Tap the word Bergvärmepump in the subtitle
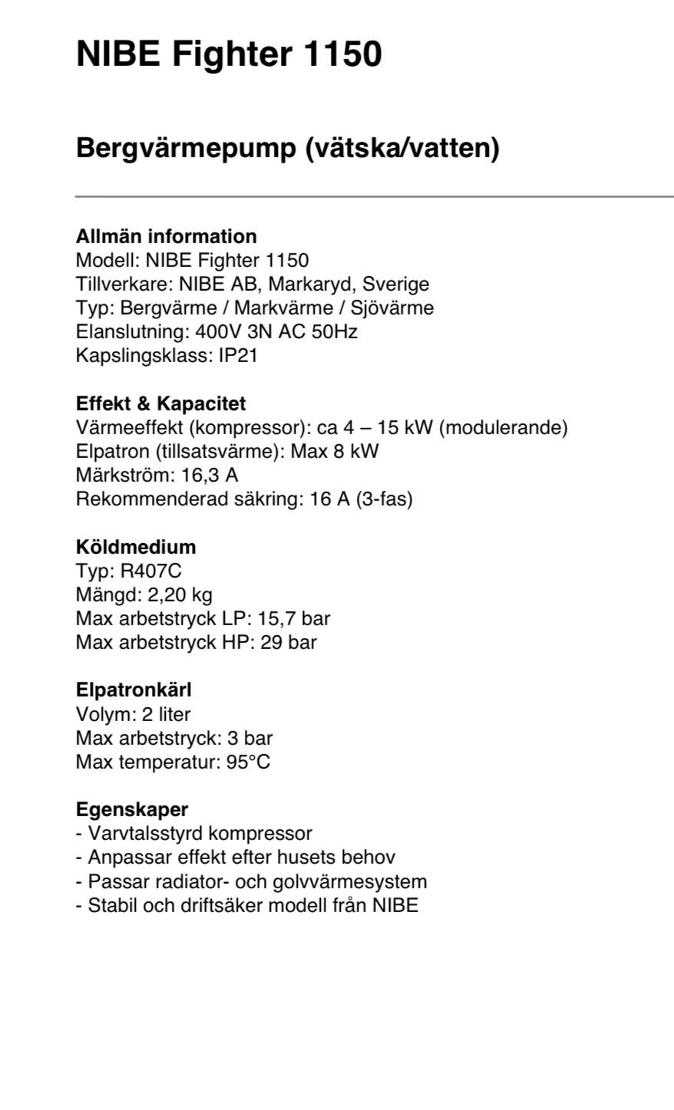click(187, 147)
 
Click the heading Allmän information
click(166, 236)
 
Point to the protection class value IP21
click(237, 356)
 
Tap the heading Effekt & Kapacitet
click(160, 403)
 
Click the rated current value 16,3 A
click(210, 475)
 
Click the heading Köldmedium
click(136, 547)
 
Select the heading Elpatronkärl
click(134, 690)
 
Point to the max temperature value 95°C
click(248, 762)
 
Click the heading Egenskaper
click(132, 809)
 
